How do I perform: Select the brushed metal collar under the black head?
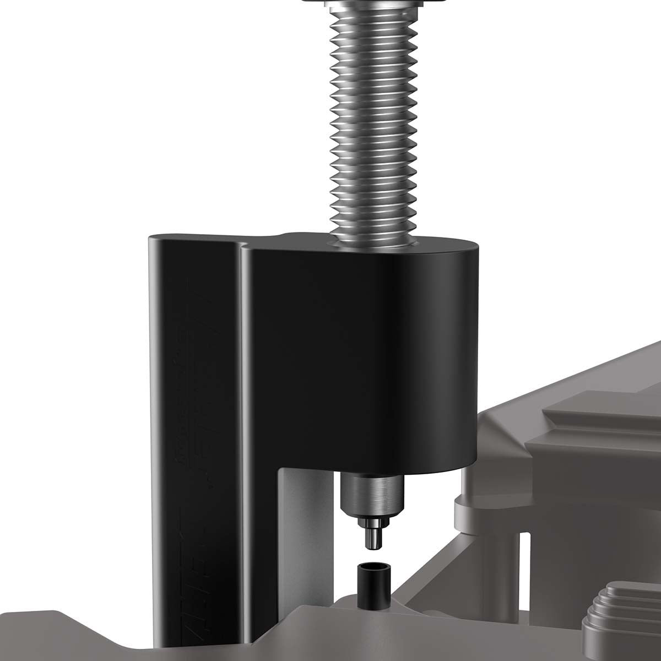(372, 494)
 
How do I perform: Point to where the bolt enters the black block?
(371, 243)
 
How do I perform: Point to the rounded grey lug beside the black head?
(468, 507)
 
